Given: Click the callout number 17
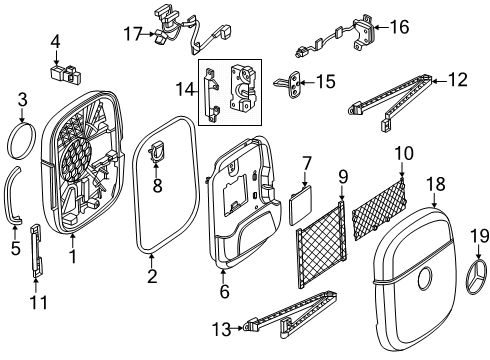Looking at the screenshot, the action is (x=133, y=34).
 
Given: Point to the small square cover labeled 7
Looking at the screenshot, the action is (x=302, y=205).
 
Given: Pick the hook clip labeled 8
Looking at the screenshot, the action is (x=156, y=153).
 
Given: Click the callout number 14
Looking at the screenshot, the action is (x=185, y=89).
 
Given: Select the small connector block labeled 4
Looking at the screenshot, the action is (x=67, y=74).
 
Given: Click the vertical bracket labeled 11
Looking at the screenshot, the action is (x=37, y=251).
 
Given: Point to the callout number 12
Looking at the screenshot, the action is (x=458, y=80).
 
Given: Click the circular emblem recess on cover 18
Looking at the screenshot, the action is (x=424, y=278).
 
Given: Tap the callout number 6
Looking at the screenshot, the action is (x=225, y=291).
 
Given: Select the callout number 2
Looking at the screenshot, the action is (x=152, y=276).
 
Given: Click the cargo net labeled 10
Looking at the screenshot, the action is (x=380, y=209).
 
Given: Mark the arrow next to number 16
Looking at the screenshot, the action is (x=381, y=27).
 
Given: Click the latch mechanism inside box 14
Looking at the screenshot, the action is (x=242, y=88).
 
